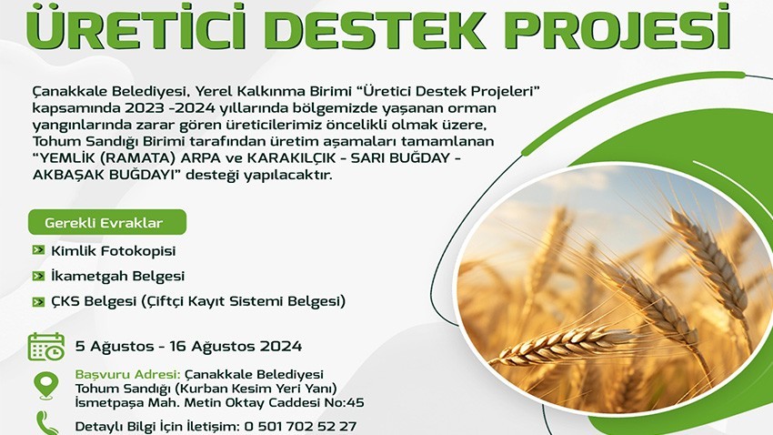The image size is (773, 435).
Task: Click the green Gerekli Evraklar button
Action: click(107, 222)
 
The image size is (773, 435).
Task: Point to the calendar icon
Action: click(45, 347)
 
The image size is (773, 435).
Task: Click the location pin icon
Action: click(46, 386)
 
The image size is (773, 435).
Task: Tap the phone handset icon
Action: click(47, 423)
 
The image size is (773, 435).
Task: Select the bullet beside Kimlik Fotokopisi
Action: click(38, 250)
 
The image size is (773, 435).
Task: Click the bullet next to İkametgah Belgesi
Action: click(38, 275)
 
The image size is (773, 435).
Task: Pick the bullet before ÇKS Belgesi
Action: click(38, 301)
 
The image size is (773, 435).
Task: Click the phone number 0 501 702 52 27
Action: click(300, 426)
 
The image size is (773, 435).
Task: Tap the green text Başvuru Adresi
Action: click(127, 374)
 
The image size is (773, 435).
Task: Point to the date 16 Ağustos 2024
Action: click(236, 346)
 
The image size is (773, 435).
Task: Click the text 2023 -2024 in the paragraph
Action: click(161, 108)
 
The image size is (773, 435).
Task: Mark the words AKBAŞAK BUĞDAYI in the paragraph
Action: click(104, 175)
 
